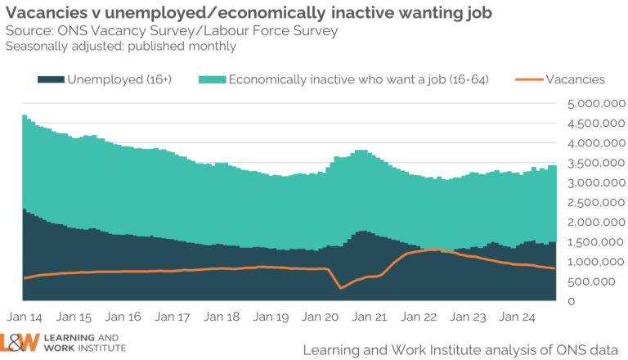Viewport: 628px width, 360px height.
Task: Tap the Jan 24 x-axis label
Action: click(x=517, y=317)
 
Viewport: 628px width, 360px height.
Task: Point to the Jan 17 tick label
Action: click(x=173, y=317)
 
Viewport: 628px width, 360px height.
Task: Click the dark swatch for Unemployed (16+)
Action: click(x=50, y=79)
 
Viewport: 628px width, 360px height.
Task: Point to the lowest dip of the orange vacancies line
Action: click(x=340, y=288)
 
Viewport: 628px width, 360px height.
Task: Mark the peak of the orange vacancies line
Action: click(x=437, y=250)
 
